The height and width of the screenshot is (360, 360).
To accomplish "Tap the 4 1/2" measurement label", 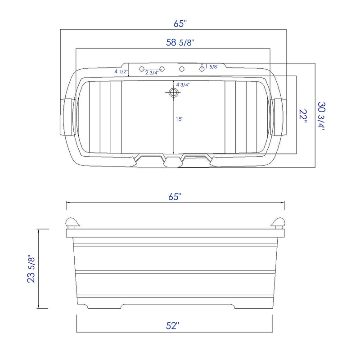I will [x=121, y=72].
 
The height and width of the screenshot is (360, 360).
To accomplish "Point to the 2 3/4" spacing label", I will [x=152, y=72].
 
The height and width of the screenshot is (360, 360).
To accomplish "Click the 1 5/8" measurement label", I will [x=211, y=67].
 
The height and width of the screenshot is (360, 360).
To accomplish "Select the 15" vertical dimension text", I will [x=180, y=119].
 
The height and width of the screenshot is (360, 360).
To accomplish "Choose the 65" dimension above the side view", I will [x=175, y=197].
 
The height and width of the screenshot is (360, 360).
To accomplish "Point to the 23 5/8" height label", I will [x=31, y=269].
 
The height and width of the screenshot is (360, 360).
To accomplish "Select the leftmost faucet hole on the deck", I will [x=142, y=69].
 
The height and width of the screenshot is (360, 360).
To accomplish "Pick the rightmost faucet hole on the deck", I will [x=202, y=69].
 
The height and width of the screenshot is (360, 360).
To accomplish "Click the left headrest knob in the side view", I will [x=72, y=222].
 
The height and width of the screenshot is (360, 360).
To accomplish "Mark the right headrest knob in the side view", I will [x=279, y=222].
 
